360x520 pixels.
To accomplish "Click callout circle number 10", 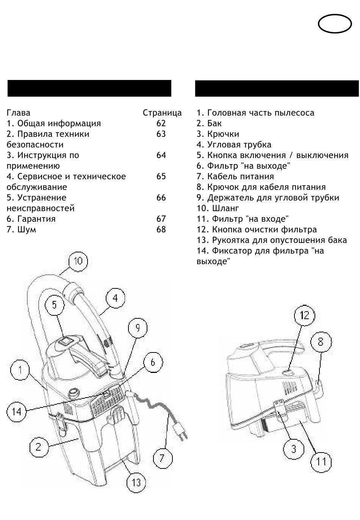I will tap(78, 261).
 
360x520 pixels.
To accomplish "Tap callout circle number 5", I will tap(55, 304).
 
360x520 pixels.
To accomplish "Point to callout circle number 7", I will tap(162, 458).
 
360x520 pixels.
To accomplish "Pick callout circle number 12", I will tap(305, 315).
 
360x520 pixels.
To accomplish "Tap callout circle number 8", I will tap(321, 341).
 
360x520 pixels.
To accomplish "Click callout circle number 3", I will tap(293, 450).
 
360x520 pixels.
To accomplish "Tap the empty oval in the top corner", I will tap(335, 24).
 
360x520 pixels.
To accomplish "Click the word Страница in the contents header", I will tap(162, 113).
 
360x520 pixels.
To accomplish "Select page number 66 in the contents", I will tap(161, 198).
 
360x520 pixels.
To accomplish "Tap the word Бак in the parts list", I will tap(214, 124).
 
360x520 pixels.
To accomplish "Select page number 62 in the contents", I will tap(161, 124).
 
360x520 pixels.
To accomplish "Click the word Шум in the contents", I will tap(27, 230).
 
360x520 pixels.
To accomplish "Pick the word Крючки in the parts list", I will tap(223, 134).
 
